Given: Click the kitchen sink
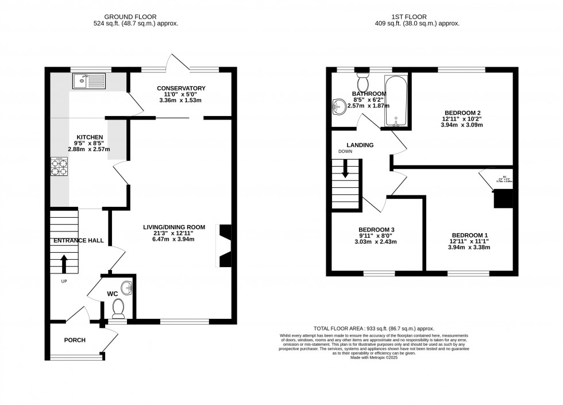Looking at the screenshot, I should pyautogui.click(x=88, y=82).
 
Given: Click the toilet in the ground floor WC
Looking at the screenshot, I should pyautogui.click(x=119, y=309).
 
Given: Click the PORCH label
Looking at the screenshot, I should pyautogui.click(x=74, y=340).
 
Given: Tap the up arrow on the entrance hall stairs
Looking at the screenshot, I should pyautogui.click(x=63, y=264).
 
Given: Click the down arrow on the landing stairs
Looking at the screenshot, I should pyautogui.click(x=345, y=171).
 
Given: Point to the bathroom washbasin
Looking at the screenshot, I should pyautogui.click(x=339, y=106).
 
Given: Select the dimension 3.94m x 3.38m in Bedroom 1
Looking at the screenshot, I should pyautogui.click(x=469, y=249).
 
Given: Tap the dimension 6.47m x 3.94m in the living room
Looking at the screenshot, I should pyautogui.click(x=174, y=240).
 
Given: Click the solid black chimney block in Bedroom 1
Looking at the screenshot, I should pyautogui.click(x=503, y=198).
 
